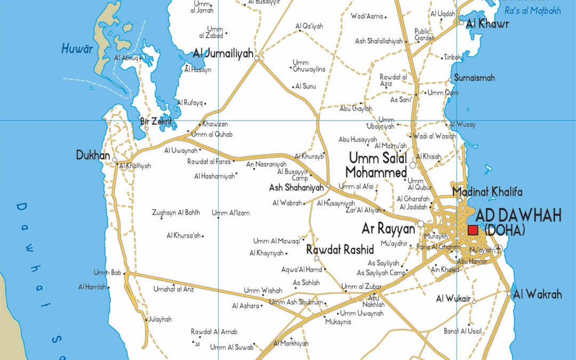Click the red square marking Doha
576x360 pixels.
tap(473, 230)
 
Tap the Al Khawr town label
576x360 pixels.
tap(487, 24)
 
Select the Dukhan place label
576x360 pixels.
tap(93, 155)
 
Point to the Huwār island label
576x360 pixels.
tap(77, 49)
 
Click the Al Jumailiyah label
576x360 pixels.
tap(223, 53)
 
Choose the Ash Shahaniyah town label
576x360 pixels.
tap(296, 188)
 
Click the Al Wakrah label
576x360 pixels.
tap(538, 294)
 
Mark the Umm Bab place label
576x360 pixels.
tap(107, 273)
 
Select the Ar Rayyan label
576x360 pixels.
tap(388, 229)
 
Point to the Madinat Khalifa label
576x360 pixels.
tap(487, 192)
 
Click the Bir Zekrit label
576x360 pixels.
tap(156, 122)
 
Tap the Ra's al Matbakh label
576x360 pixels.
tap(533, 11)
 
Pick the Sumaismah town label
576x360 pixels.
tap(474, 78)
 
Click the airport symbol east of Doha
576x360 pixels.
tap(498, 248)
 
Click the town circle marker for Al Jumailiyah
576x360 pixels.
tap(257, 58)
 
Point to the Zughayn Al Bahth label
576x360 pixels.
tap(176, 212)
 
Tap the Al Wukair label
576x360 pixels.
tap(453, 299)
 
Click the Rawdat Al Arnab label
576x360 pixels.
tap(214, 332)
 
